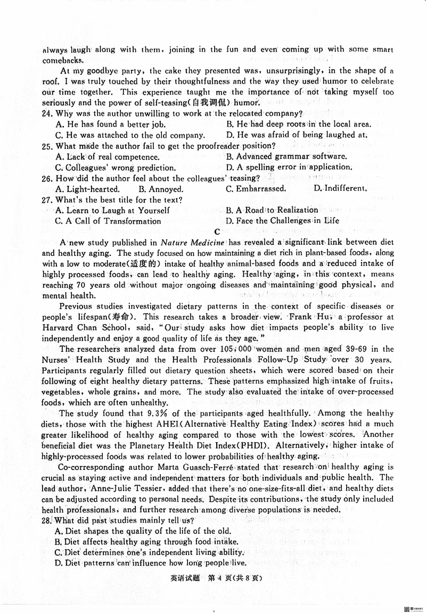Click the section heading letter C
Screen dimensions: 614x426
point(216,231)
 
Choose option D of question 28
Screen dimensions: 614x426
point(151,562)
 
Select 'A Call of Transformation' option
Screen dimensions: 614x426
point(108,221)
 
